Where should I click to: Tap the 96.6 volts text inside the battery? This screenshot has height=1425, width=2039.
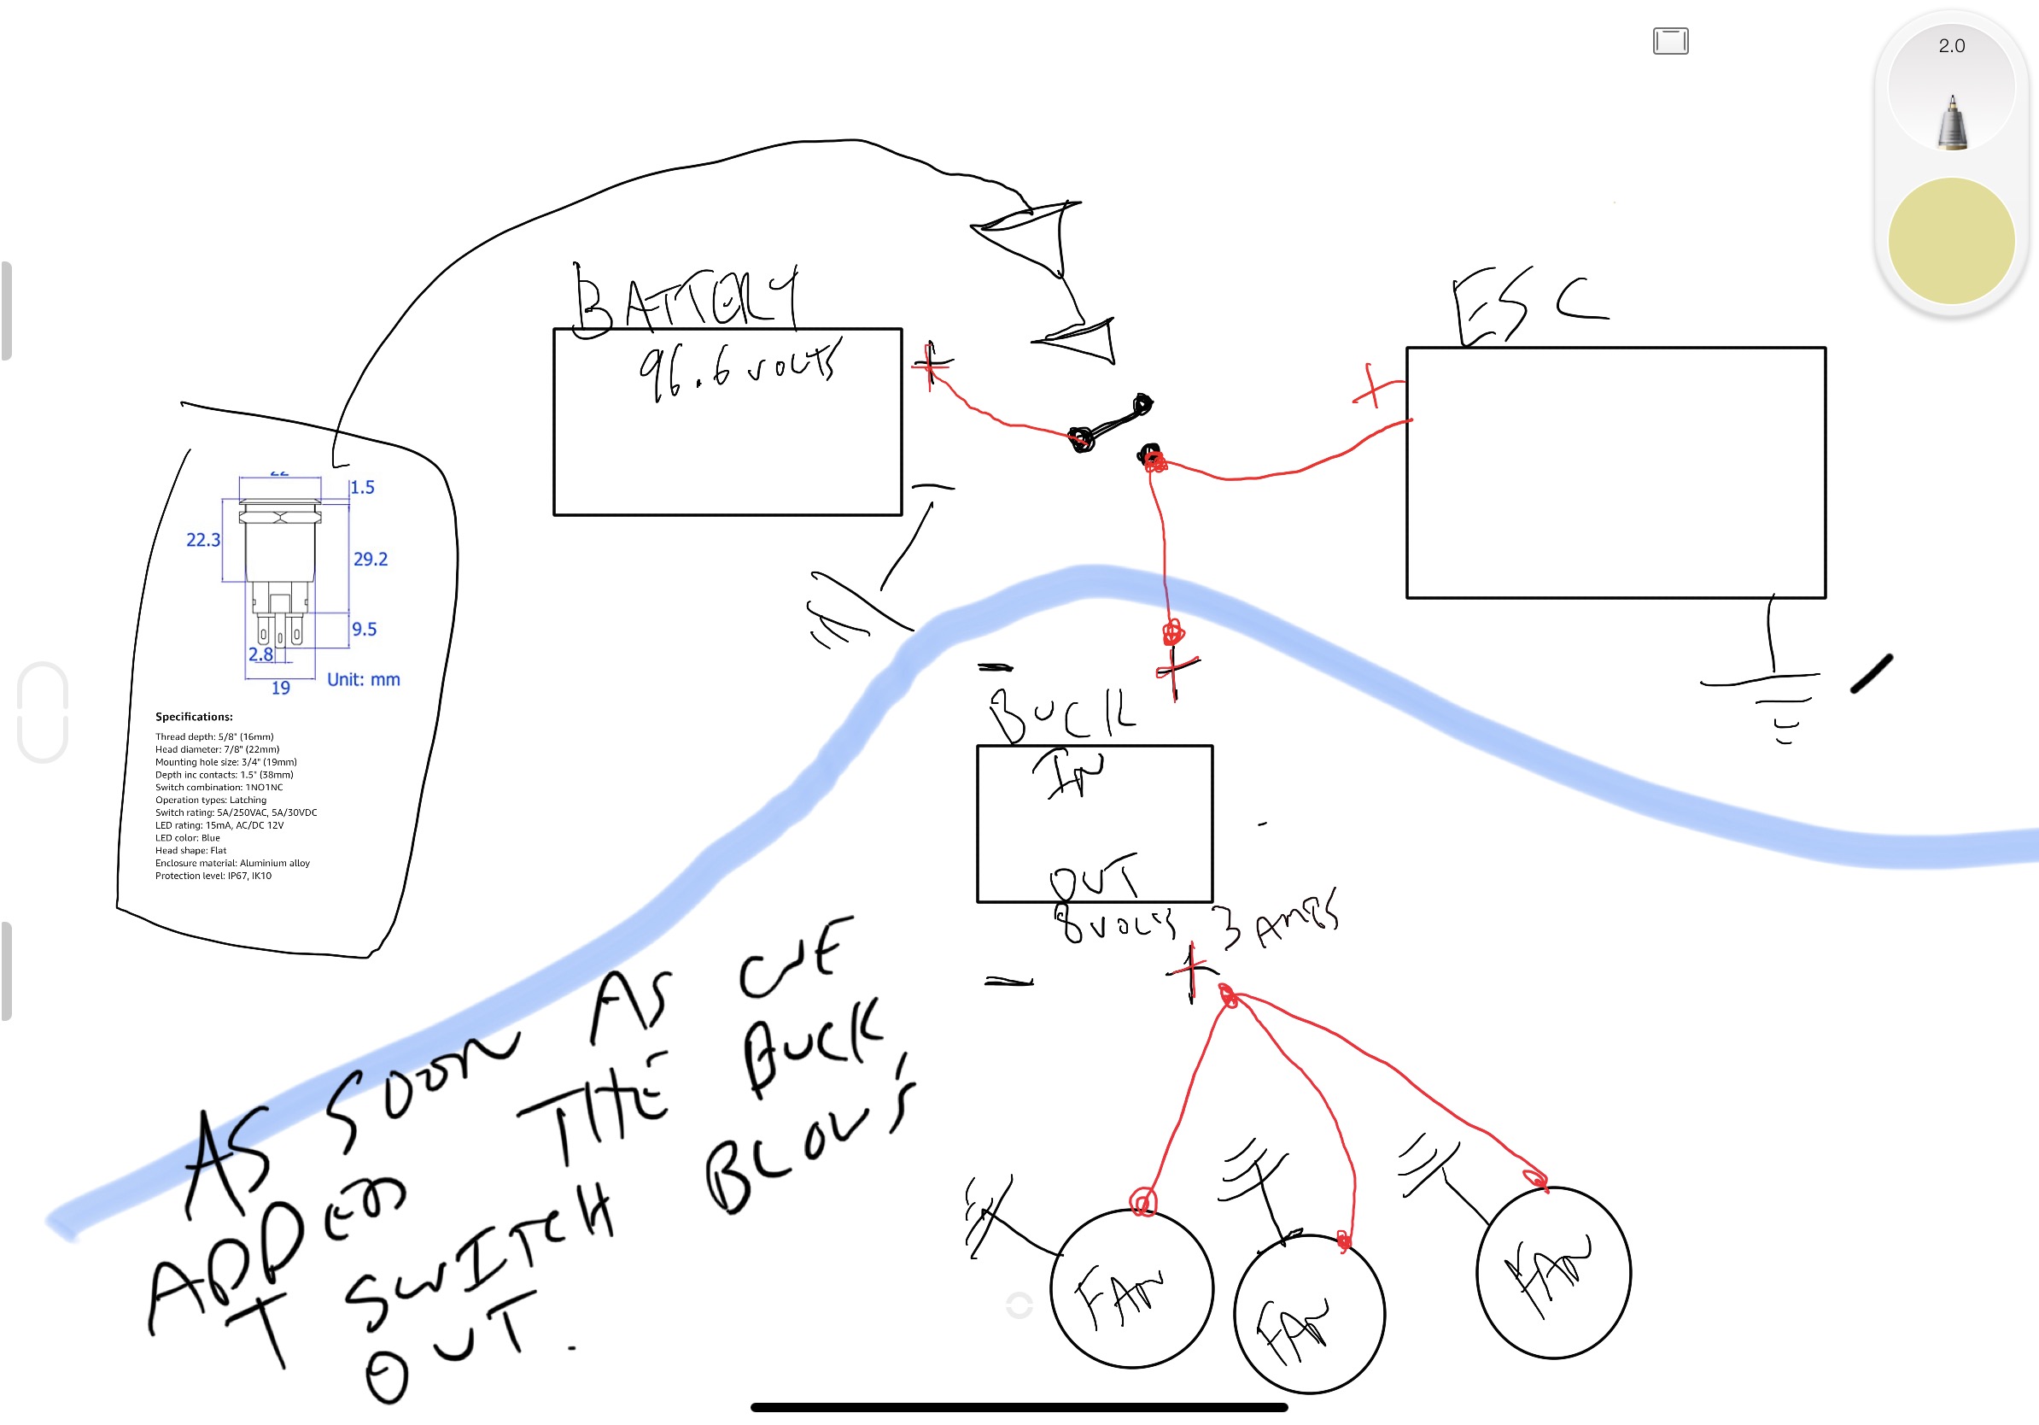pos(736,368)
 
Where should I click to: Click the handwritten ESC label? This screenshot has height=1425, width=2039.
pos(1528,308)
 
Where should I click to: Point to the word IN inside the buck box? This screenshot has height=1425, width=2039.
pos(1069,772)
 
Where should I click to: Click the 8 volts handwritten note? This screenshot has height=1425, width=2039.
pos(1115,924)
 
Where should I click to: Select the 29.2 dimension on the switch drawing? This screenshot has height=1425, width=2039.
pos(371,559)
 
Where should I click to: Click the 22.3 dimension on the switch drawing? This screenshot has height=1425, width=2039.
pos(202,540)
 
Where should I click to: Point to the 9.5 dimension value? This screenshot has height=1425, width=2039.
pos(364,629)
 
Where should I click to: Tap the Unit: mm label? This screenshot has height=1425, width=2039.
pos(363,680)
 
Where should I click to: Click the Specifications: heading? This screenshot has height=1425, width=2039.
pos(194,717)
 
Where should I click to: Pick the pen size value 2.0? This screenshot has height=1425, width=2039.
pos(1951,46)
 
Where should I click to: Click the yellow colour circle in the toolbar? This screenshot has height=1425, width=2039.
pos(1950,241)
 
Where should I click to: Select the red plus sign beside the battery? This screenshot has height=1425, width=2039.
pos(930,363)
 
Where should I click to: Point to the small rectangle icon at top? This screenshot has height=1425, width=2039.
pos(1669,41)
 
